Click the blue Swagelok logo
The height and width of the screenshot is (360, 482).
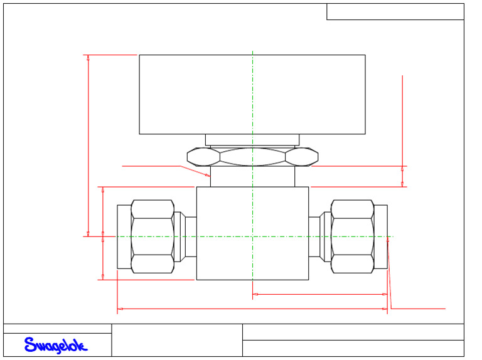[56, 345]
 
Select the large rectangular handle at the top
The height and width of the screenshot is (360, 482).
[252, 94]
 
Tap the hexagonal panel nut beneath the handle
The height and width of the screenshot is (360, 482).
[252, 156]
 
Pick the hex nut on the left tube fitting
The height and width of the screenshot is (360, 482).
[153, 236]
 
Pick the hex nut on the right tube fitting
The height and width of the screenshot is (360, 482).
[352, 236]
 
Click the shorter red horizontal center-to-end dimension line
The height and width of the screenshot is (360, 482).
[319, 294]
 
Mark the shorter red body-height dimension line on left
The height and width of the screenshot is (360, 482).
[103, 233]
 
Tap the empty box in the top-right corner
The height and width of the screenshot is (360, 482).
[395, 11]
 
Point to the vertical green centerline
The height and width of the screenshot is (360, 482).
[252, 113]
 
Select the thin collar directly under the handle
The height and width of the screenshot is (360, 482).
[252, 140]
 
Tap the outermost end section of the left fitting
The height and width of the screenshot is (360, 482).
[124, 236]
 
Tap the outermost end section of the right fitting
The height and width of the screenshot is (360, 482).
[381, 236]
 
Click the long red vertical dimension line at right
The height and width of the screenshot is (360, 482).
[402, 119]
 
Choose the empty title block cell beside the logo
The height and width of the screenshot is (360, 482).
[177, 340]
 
